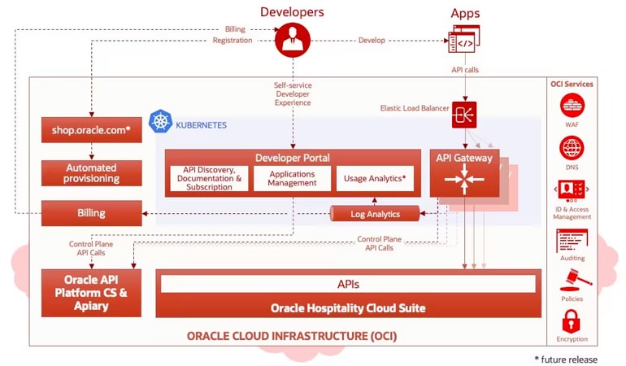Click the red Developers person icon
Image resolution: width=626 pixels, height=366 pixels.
pos(293,39)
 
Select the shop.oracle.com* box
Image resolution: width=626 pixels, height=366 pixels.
pos(92,129)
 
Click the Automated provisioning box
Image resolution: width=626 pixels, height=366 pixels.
pos(92,172)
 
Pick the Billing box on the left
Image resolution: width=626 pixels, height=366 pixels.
pos(92,213)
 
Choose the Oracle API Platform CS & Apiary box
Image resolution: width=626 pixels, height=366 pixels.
pos(92,293)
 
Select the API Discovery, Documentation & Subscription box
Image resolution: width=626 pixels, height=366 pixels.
pos(209,178)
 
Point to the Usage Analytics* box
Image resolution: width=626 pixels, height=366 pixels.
pos(375,178)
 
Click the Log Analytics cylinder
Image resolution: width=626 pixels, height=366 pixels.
pos(375,214)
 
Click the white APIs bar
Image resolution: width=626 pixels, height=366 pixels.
pos(348,284)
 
